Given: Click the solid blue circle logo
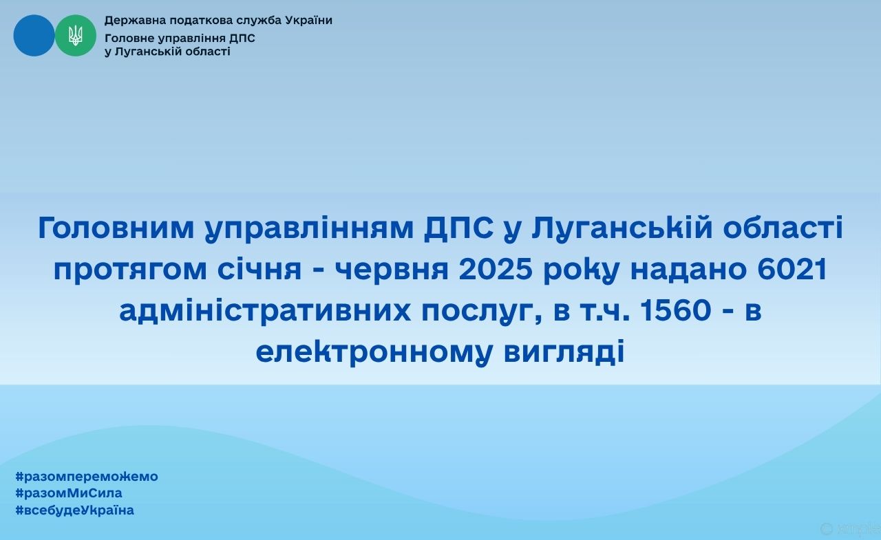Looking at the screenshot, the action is pos(34,35).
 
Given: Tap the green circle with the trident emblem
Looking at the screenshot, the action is pos(76,35).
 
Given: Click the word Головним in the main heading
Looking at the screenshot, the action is pos(116,228).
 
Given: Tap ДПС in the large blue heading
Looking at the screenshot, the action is pos(458,228).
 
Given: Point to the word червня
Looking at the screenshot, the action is pos(392,270).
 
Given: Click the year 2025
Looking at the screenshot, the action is pos(496,269).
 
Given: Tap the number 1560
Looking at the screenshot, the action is pos(675,310).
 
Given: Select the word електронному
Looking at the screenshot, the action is pos(374,352).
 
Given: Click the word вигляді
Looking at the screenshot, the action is pos(564,352).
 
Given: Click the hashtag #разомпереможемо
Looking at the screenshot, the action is pos(87,476).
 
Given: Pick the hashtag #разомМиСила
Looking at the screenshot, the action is pos(68,493).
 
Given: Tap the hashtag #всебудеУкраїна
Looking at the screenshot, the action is pos(75,510).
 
